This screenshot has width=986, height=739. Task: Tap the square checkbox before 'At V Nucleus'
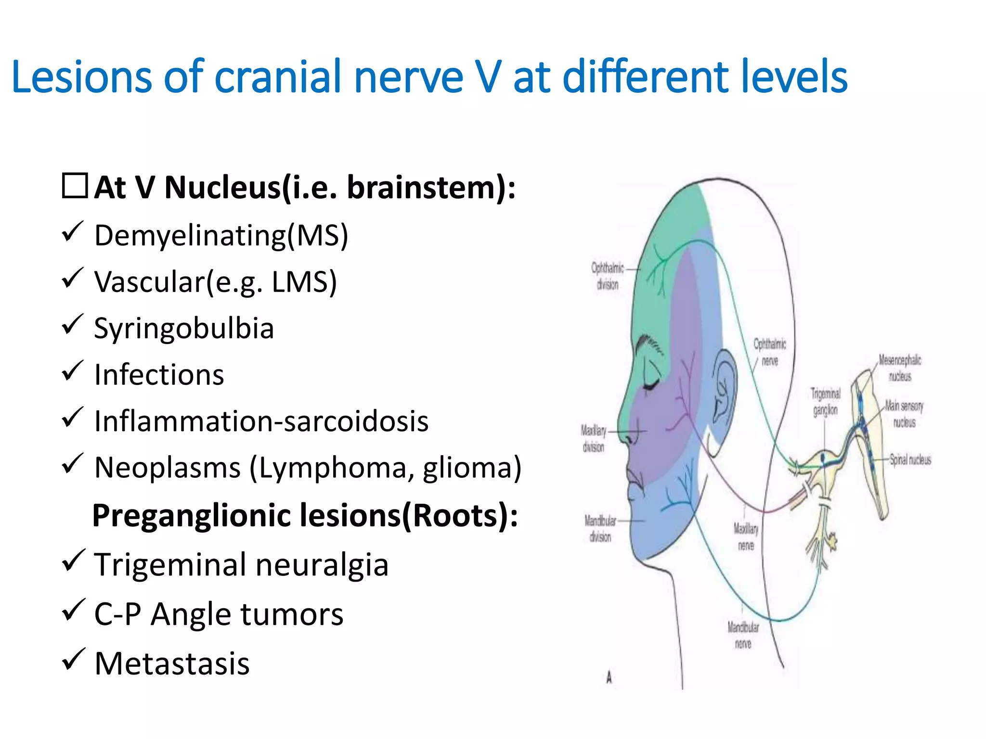pyautogui.click(x=75, y=186)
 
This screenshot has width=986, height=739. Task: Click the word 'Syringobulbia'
pyautogui.click(x=184, y=329)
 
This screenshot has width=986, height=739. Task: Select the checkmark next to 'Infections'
pyautogui.click(x=73, y=371)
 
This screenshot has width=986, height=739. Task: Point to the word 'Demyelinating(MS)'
pyautogui.click(x=221, y=236)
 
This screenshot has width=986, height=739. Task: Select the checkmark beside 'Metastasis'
pyautogui.click(x=73, y=660)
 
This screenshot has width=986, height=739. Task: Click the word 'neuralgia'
pyautogui.click(x=322, y=565)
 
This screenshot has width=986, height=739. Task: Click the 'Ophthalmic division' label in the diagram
pyautogui.click(x=608, y=276)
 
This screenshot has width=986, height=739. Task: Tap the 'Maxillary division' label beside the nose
pyautogui.click(x=593, y=438)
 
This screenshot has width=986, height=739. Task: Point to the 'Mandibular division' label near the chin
pyautogui.click(x=600, y=528)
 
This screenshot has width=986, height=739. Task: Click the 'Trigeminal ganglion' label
pyautogui.click(x=825, y=402)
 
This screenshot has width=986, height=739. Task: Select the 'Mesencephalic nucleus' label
pyautogui.click(x=900, y=368)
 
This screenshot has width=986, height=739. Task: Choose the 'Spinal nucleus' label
pyautogui.click(x=910, y=459)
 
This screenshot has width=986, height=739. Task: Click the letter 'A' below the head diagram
pyautogui.click(x=609, y=677)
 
